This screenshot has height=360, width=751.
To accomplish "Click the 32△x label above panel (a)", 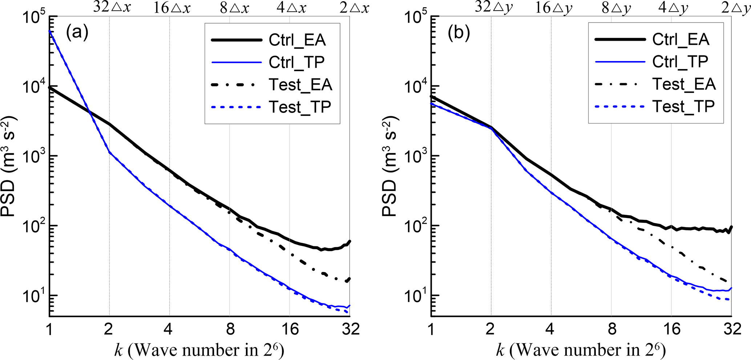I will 112,7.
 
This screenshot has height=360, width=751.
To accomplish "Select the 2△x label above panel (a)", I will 354,8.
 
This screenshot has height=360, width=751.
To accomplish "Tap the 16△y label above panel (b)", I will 553,8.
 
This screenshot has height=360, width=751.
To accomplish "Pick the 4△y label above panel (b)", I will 673,8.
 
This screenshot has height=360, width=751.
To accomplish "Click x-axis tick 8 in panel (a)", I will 230,329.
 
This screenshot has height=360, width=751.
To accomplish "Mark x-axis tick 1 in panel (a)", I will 49,329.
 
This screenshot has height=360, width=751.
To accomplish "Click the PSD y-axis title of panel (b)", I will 390,167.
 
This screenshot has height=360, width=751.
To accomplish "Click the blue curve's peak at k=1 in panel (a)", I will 49,31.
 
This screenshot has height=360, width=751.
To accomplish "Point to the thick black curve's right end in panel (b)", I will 731,227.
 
